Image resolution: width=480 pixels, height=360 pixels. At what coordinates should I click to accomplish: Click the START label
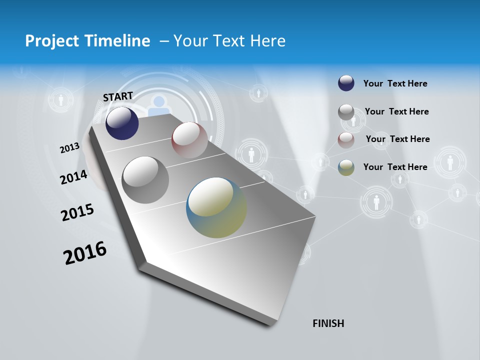118,96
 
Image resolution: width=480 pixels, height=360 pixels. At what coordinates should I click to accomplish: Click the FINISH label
328,323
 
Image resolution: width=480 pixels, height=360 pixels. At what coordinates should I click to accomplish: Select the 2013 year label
69,148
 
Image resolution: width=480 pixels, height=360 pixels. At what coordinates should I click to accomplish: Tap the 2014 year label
73,177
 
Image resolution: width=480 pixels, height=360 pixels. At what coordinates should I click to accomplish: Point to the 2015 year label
77,212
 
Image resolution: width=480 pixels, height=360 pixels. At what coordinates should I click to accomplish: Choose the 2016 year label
85,253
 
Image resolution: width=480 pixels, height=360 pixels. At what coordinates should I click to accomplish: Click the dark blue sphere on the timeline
122,123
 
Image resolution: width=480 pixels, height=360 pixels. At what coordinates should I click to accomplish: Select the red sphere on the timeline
189,140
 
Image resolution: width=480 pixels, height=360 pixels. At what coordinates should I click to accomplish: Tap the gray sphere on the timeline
145,179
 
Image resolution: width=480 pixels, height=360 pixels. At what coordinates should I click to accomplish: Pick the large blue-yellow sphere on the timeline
216,207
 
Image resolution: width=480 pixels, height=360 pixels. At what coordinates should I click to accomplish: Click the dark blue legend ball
346,83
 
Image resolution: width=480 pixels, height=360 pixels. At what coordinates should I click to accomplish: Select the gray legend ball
346,112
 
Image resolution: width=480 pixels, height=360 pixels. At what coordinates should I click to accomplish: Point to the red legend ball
346,139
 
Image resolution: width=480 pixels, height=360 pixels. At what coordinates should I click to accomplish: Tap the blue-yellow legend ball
346,167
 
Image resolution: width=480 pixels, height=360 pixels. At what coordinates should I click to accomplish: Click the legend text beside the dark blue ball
395,84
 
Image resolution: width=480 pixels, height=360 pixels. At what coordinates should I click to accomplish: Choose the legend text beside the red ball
397,139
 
